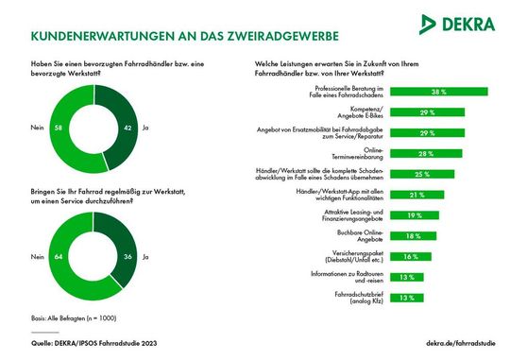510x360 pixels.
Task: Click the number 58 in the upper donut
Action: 59,125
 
